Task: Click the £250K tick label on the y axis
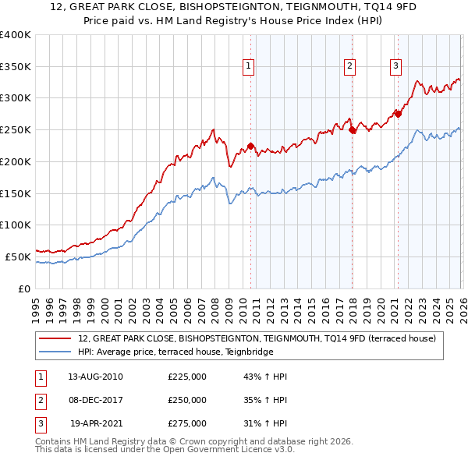click(16, 129)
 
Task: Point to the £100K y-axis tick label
click(16, 225)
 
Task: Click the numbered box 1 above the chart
click(248, 66)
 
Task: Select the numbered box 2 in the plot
click(349, 66)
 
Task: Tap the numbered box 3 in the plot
click(395, 66)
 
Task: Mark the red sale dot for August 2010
click(250, 146)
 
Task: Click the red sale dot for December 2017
click(352, 129)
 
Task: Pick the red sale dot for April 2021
click(398, 114)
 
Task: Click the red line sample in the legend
click(56, 338)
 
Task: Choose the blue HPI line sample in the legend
click(56, 352)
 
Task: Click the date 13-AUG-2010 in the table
click(95, 377)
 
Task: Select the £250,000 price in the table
click(187, 400)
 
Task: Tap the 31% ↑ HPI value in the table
click(265, 423)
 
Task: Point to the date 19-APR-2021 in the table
click(97, 423)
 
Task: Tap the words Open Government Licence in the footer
click(234, 449)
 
